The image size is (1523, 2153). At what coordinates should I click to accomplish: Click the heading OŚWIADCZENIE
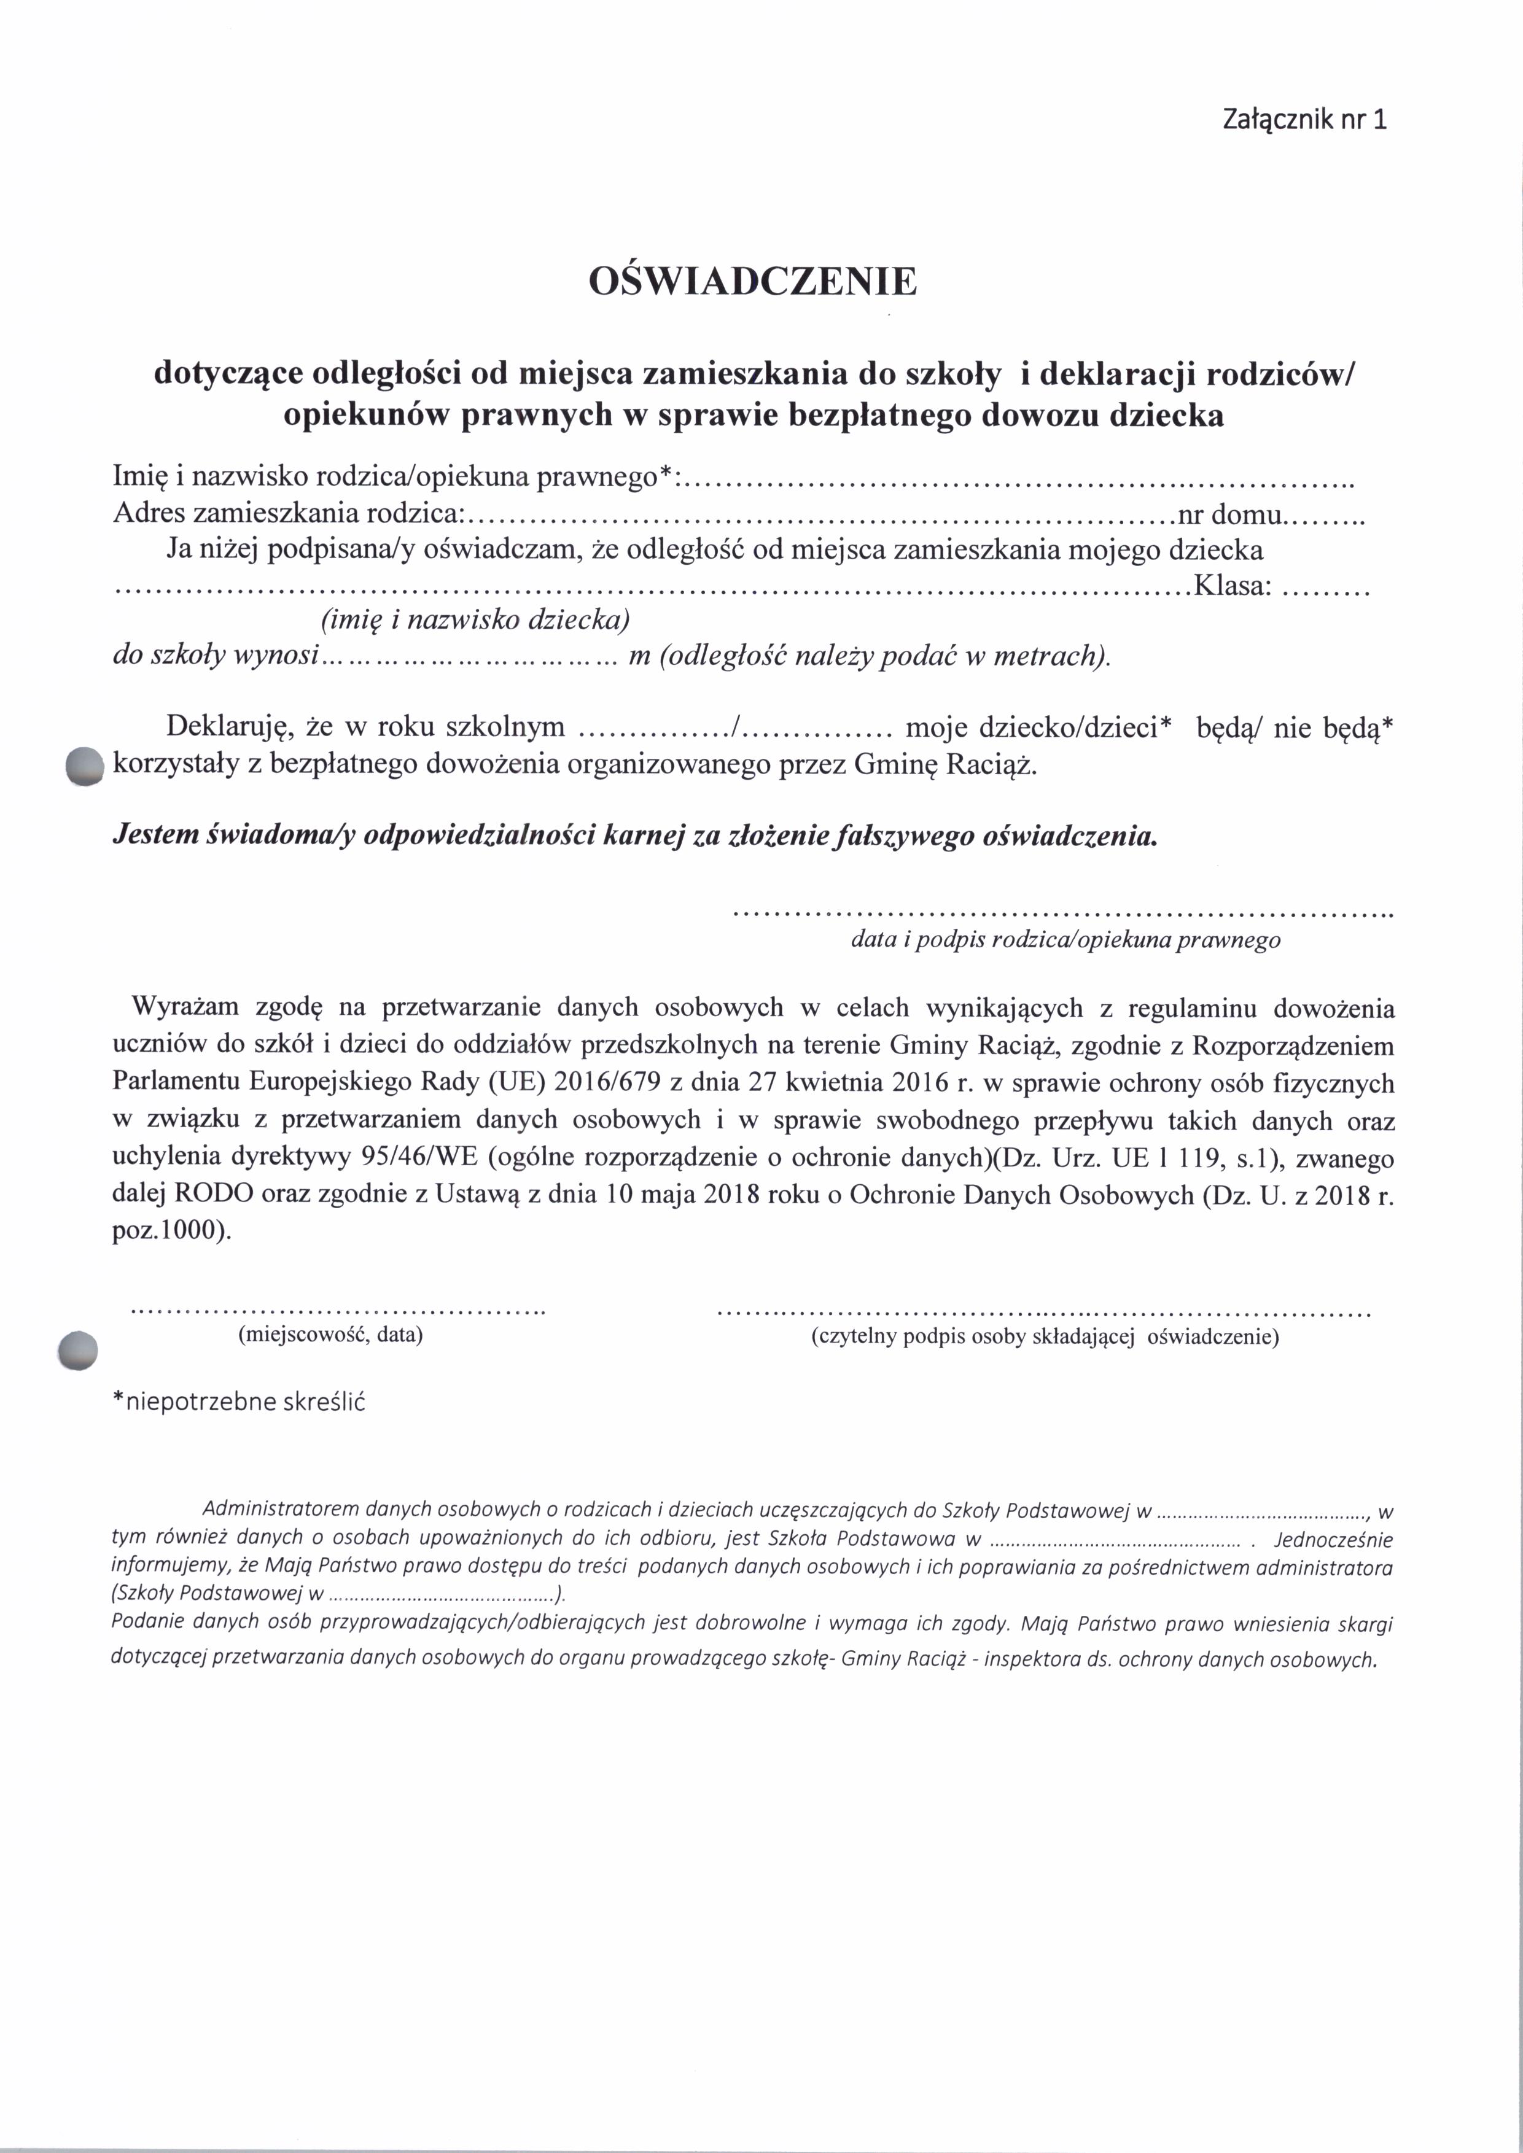click(752, 281)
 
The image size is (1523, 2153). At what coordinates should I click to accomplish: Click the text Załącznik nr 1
click(1304, 120)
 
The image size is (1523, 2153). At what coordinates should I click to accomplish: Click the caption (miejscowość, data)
click(331, 1335)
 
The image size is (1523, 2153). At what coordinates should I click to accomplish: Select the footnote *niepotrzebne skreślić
click(238, 1402)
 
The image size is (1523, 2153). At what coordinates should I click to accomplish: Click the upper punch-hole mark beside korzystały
click(84, 765)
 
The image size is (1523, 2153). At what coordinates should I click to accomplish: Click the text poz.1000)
click(171, 1232)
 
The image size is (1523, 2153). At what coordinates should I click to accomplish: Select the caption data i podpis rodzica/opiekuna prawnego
click(1065, 939)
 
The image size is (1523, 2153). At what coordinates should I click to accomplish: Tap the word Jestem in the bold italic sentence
click(154, 836)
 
